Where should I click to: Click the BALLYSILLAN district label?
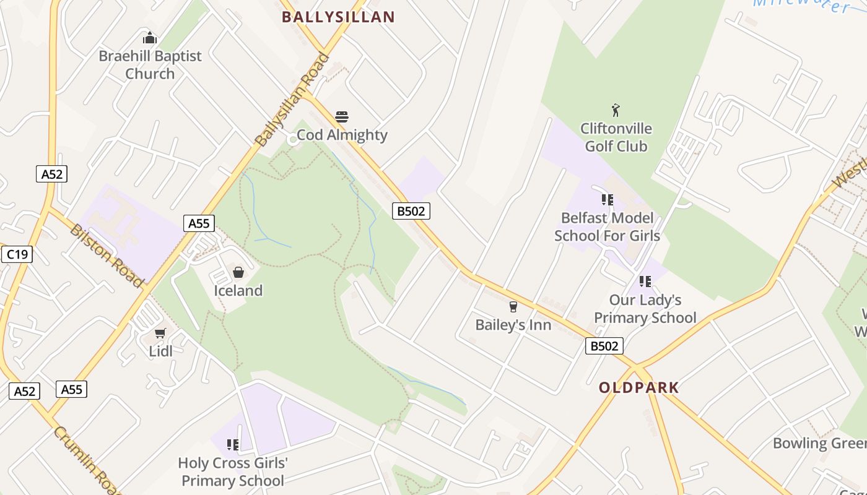(x=338, y=17)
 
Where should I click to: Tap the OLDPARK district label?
(x=638, y=388)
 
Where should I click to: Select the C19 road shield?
(x=17, y=254)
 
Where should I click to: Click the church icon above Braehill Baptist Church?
(x=150, y=38)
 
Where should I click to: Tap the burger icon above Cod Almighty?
(x=342, y=116)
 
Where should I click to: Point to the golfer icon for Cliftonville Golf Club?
(x=616, y=111)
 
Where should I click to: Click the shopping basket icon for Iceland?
(x=238, y=272)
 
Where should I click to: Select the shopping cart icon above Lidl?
(x=160, y=334)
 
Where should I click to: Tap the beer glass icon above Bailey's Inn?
(x=513, y=306)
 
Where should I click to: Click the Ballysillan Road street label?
(x=293, y=100)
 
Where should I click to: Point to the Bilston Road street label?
(x=106, y=255)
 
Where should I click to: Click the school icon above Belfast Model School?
(x=607, y=199)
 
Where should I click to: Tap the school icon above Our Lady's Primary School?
(x=645, y=282)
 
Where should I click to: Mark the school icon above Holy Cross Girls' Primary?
(x=233, y=444)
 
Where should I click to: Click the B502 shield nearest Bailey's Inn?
(x=604, y=346)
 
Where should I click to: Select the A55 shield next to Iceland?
(x=199, y=223)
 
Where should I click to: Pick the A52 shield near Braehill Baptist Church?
(x=51, y=174)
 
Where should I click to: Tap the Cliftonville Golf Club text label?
(x=616, y=137)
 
